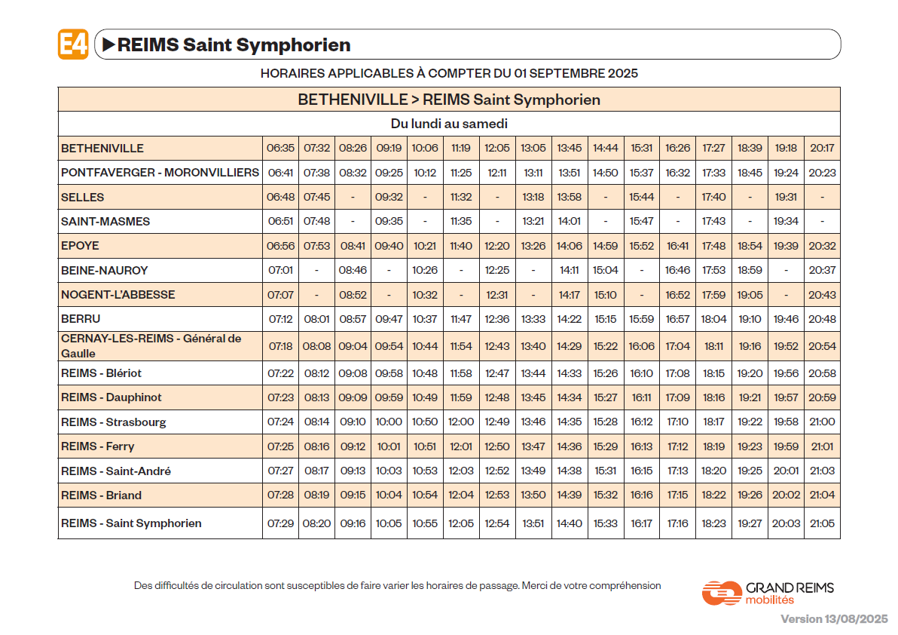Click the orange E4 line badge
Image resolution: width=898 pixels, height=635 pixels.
[x=73, y=44]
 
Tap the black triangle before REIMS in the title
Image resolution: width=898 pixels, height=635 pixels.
[x=108, y=44]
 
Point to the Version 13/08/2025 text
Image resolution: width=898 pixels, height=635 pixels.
[x=834, y=619]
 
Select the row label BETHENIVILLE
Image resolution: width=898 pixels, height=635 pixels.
[x=102, y=149]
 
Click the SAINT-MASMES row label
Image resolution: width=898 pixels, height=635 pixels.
[x=105, y=222]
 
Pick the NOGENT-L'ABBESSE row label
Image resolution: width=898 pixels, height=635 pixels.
[x=118, y=295]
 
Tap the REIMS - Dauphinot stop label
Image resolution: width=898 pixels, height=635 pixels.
[x=111, y=397]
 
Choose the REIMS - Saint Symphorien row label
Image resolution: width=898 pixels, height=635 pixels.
[x=131, y=523]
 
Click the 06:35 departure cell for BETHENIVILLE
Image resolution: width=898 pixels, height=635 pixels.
[x=280, y=149]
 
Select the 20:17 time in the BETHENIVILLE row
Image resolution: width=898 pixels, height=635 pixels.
[x=822, y=149]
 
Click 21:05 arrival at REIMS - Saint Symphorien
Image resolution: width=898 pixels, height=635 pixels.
[x=822, y=523]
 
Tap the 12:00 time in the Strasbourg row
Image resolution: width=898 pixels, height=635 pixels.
[x=461, y=422]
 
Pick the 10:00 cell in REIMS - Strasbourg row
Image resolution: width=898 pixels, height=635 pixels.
[x=389, y=422]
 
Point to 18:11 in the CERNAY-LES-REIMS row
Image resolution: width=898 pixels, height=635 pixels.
[x=713, y=346]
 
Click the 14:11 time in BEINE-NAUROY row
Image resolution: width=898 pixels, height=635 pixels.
[x=570, y=271]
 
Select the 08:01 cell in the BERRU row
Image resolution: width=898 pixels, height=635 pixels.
[x=316, y=319]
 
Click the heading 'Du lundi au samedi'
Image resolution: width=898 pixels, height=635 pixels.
[x=449, y=124]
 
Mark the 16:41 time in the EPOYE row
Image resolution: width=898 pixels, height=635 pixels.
[x=677, y=246]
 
